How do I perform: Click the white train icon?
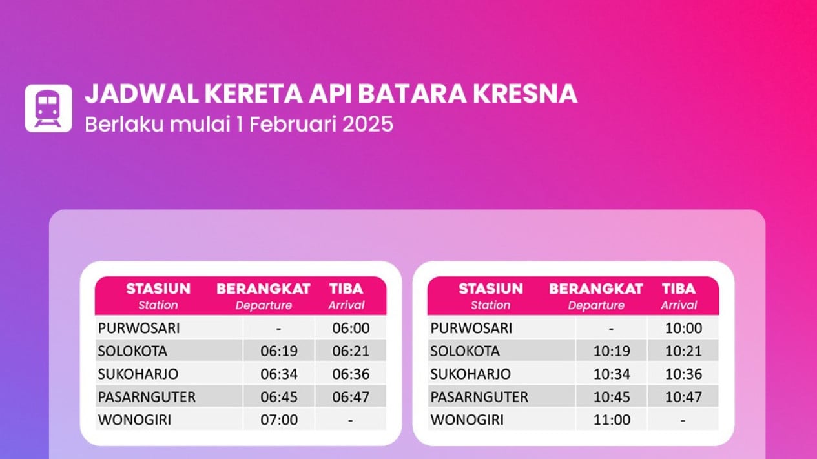click(x=48, y=108)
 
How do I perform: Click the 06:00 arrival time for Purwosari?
click(x=351, y=328)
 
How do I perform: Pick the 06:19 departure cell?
click(x=279, y=351)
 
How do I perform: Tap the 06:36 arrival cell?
click(x=351, y=374)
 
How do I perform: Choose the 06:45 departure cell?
click(x=279, y=396)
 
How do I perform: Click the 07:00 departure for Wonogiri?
click(x=279, y=420)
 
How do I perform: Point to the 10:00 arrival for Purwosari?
click(x=683, y=328)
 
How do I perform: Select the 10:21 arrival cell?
click(x=683, y=351)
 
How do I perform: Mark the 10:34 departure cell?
click(x=612, y=374)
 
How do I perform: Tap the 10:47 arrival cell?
click(x=683, y=396)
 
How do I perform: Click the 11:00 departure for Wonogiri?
click(x=612, y=420)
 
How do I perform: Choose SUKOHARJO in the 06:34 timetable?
click(x=138, y=374)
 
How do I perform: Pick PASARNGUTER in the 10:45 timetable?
click(x=479, y=396)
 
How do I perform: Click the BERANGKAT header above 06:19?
click(x=264, y=289)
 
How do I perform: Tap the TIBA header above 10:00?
click(x=679, y=289)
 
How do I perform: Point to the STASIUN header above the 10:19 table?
click(x=491, y=289)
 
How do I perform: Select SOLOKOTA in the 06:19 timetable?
click(x=132, y=351)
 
